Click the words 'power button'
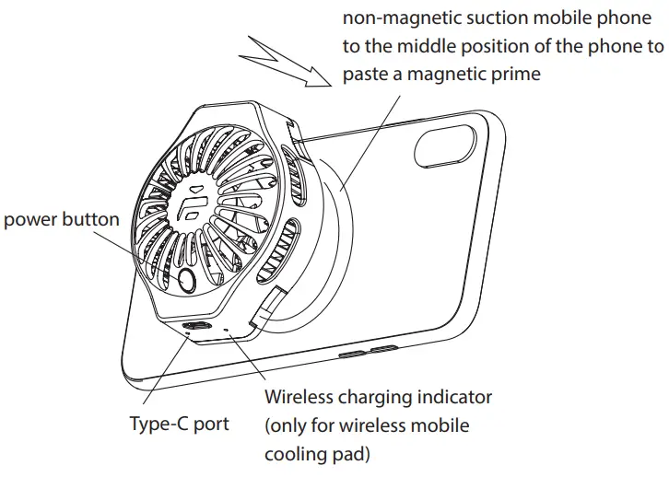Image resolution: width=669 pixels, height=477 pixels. (x=62, y=219)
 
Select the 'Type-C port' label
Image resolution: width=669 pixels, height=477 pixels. (x=179, y=425)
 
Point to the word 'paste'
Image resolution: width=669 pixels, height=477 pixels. (x=367, y=75)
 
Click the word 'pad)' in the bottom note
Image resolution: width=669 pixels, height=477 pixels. (x=358, y=455)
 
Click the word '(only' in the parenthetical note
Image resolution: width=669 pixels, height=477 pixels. (x=288, y=426)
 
